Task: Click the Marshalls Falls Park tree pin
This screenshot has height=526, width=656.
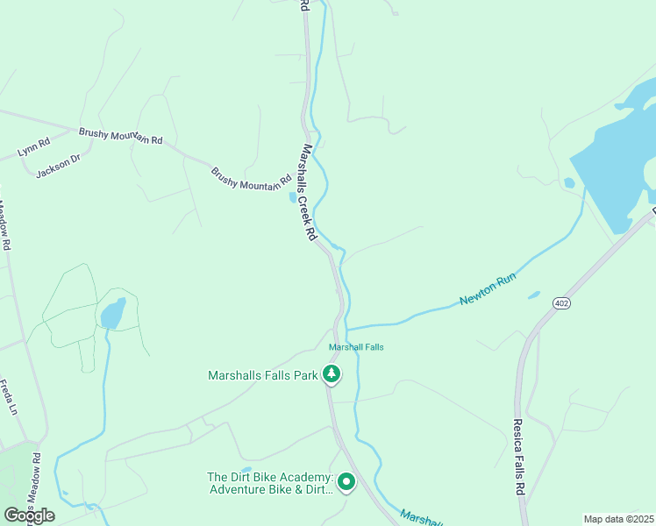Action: pyautogui.click(x=332, y=375)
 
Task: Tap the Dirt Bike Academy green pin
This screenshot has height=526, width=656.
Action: pyautogui.click(x=346, y=482)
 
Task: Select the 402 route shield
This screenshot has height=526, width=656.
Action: pyautogui.click(x=561, y=302)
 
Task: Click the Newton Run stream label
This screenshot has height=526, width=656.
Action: pyautogui.click(x=488, y=289)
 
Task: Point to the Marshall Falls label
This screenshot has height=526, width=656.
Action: pyautogui.click(x=356, y=347)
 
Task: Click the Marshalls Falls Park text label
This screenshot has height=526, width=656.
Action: pyautogui.click(x=262, y=375)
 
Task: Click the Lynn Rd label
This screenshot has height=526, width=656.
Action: pyautogui.click(x=33, y=146)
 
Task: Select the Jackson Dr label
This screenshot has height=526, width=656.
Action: pyautogui.click(x=58, y=166)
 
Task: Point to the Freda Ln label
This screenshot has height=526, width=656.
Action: pyautogui.click(x=11, y=397)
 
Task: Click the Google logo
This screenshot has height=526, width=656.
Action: pyautogui.click(x=29, y=515)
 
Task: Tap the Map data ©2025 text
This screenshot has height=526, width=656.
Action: pyautogui.click(x=618, y=518)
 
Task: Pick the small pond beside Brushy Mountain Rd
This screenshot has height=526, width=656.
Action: pyautogui.click(x=292, y=197)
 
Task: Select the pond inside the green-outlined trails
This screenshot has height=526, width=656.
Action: pyautogui.click(x=111, y=313)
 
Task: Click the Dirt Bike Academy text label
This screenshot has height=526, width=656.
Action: pyautogui.click(x=270, y=483)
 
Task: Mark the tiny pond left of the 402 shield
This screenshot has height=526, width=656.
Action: pyautogui.click(x=534, y=295)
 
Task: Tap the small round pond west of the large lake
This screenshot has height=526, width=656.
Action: pyautogui.click(x=569, y=183)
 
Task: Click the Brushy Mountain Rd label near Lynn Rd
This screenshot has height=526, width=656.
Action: pyautogui.click(x=121, y=135)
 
